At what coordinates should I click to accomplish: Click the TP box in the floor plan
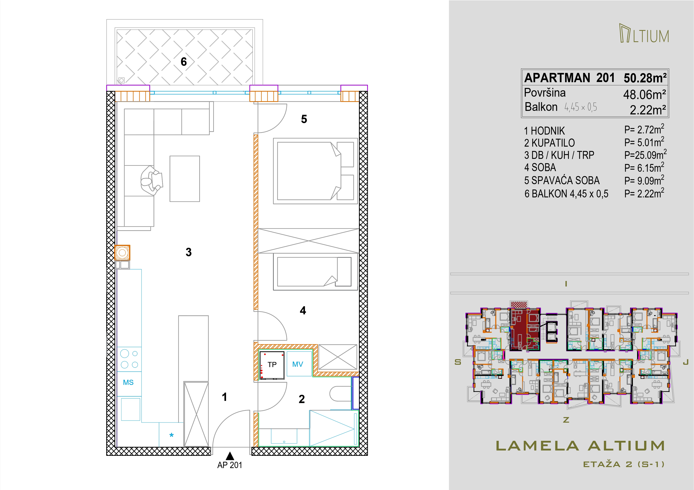pos(272,365)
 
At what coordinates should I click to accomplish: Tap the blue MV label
pos(298,364)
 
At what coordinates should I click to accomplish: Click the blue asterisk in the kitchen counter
pos(171,435)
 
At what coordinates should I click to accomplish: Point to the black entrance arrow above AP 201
pos(230,456)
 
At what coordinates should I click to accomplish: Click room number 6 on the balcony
pos(184,62)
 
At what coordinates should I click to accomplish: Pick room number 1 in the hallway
pos(224,397)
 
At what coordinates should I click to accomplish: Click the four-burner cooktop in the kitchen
pos(129,359)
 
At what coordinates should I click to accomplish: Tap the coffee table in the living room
pos(185,179)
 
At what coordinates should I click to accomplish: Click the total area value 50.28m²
pos(645,78)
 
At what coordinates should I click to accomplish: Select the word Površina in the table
pos(545,93)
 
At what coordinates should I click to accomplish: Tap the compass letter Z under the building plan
pos(566,420)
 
